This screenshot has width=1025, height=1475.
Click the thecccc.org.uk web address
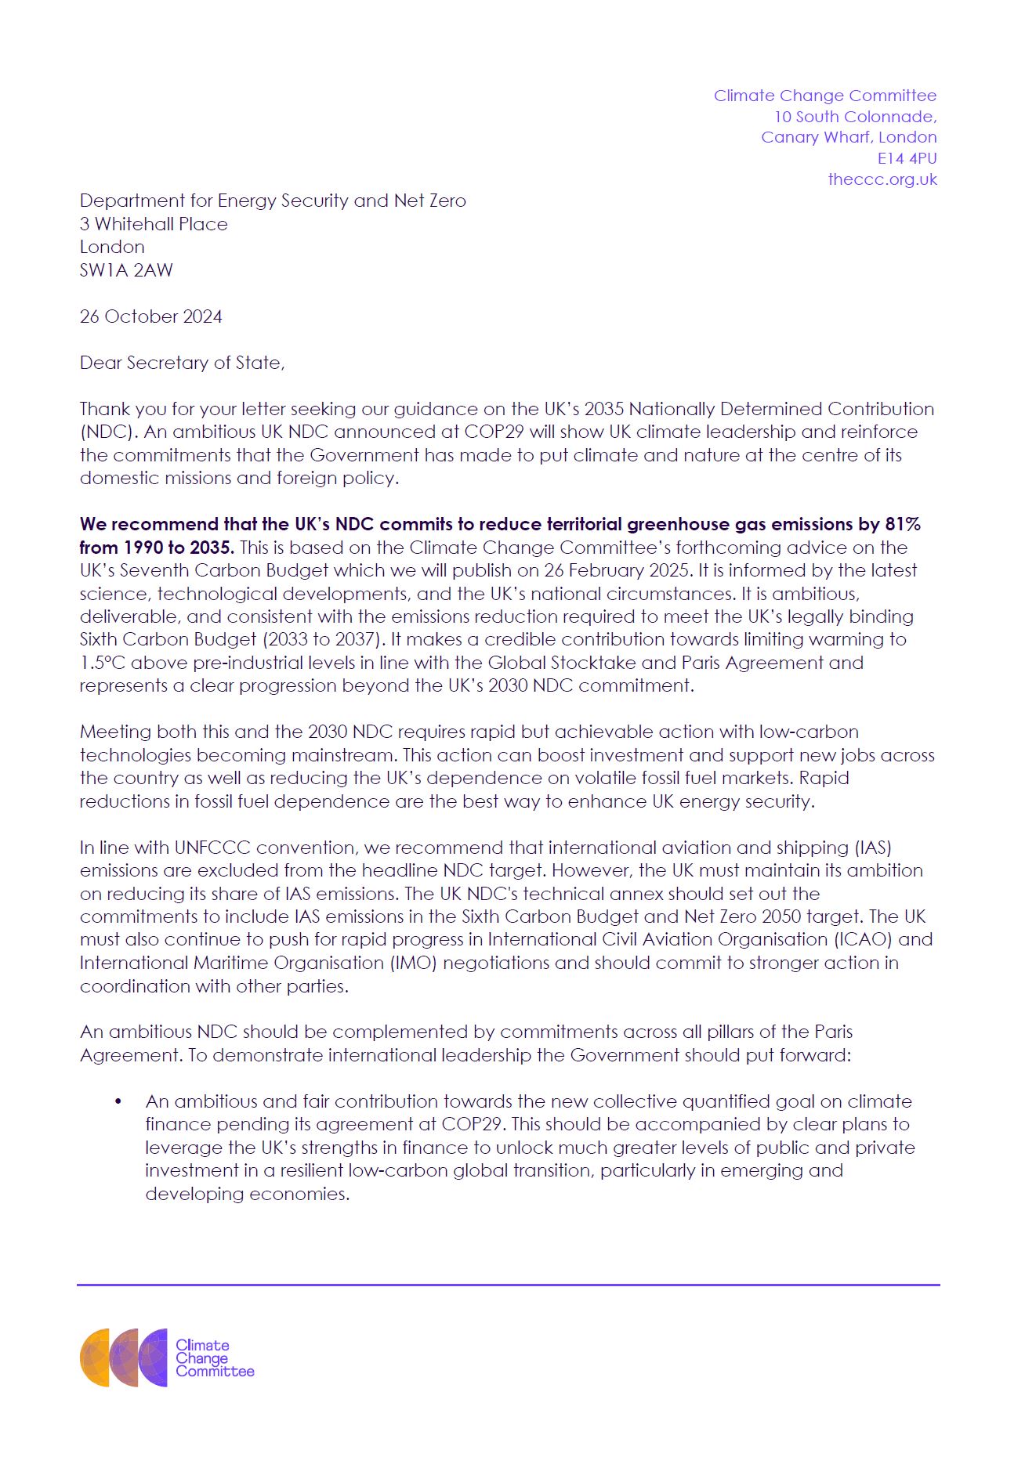882,179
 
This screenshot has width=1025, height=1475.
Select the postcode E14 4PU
907,158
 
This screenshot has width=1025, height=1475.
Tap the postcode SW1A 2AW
126,270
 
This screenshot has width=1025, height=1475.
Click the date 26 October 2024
150,316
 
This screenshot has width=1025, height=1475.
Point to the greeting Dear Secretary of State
182,363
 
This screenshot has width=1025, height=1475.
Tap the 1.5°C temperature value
103,663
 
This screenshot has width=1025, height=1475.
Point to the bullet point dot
118,1102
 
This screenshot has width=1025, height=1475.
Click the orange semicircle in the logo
94,1358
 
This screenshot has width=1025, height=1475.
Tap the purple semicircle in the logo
154,1358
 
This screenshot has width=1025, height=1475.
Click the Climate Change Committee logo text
213,1358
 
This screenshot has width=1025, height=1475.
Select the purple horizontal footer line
508,1285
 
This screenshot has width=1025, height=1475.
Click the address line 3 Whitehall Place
154,224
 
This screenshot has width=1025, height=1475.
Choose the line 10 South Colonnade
855,117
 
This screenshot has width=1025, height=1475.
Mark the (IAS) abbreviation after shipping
871,848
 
